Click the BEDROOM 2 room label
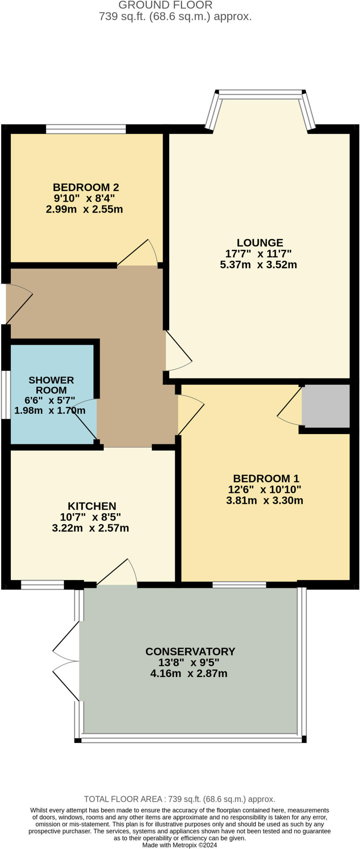pyautogui.click(x=86, y=187)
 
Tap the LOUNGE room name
pyautogui.click(x=260, y=243)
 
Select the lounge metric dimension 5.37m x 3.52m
pyautogui.click(x=258, y=264)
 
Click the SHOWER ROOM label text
pyautogui.click(x=51, y=385)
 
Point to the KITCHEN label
pyautogui.click(x=92, y=506)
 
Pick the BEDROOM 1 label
pyautogui.click(x=266, y=478)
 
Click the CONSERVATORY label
pyautogui.click(x=190, y=651)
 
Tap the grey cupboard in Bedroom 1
pyautogui.click(x=326, y=406)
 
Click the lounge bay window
pyautogui.click(x=260, y=95)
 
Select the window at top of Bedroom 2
pyautogui.click(x=85, y=129)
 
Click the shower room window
pyautogui.click(x=6, y=394)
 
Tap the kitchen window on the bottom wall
pyautogui.click(x=42, y=585)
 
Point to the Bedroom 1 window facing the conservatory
pyautogui.click(x=239, y=585)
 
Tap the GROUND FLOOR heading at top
pyautogui.click(x=165, y=5)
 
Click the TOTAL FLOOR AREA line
pyautogui.click(x=180, y=799)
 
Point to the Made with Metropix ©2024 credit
pyautogui.click(x=180, y=845)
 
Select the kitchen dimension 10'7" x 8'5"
pyautogui.click(x=90, y=517)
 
